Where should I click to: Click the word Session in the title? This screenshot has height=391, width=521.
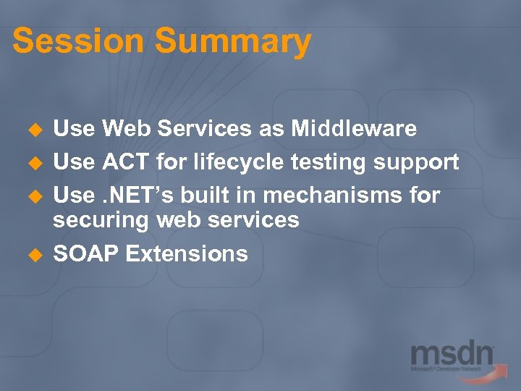77,41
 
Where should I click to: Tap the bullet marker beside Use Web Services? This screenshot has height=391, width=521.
32,130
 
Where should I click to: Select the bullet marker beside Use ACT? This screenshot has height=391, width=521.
32,164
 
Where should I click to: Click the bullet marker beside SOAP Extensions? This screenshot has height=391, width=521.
32,255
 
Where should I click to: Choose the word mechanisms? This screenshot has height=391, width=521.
331,195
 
